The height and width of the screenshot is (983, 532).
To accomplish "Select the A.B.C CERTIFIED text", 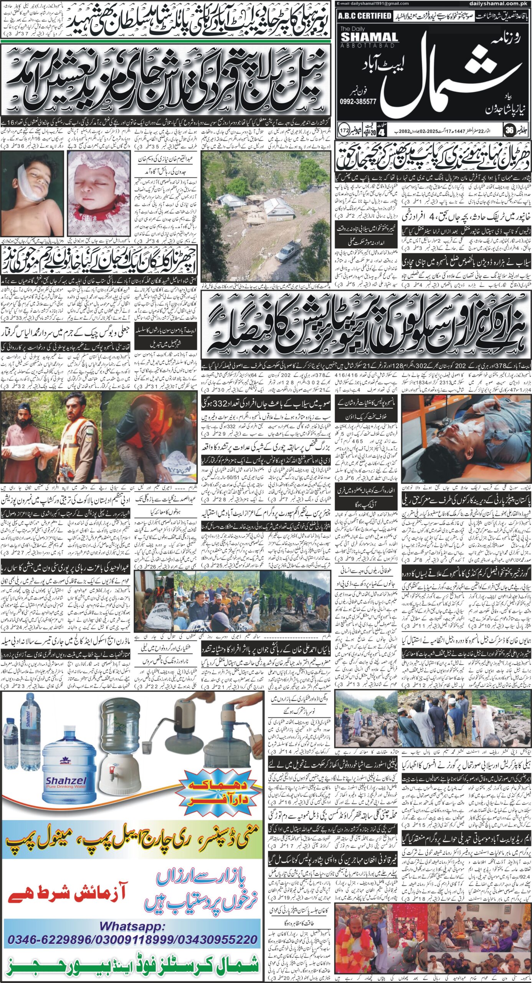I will pos(365,16).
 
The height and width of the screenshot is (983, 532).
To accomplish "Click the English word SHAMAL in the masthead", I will pos(369,37).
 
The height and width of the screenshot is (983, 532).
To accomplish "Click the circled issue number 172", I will pos(344,130).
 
